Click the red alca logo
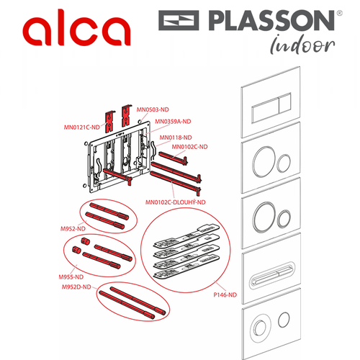[x=76, y=27]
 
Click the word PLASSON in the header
[x=271, y=20]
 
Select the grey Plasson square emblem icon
[x=179, y=20]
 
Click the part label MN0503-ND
[x=153, y=109]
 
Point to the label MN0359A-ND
[x=173, y=122]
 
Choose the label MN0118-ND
[x=176, y=138]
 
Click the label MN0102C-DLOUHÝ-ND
[x=176, y=202]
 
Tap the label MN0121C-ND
[x=82, y=127]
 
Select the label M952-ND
[x=73, y=229]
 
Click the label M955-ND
[x=71, y=277]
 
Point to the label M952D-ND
[x=76, y=287]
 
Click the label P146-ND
[x=225, y=294]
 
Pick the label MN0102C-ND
[x=189, y=147]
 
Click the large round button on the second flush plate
[x=264, y=162]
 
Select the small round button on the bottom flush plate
[x=284, y=320]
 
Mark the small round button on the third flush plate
[x=284, y=219]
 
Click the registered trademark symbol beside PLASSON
[x=339, y=13]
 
